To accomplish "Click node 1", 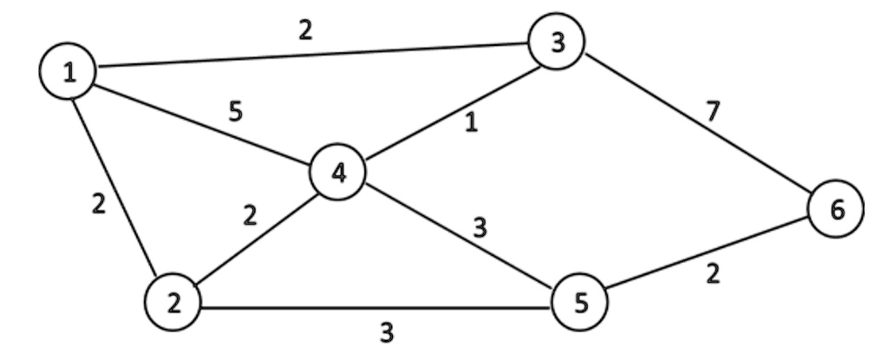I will [67, 72].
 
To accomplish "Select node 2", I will [174, 304].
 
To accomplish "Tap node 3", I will [556, 42].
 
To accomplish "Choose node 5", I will [579, 304].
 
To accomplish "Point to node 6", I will [835, 209].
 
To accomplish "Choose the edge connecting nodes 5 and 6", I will [707, 257].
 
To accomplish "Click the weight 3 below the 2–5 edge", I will [387, 331].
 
